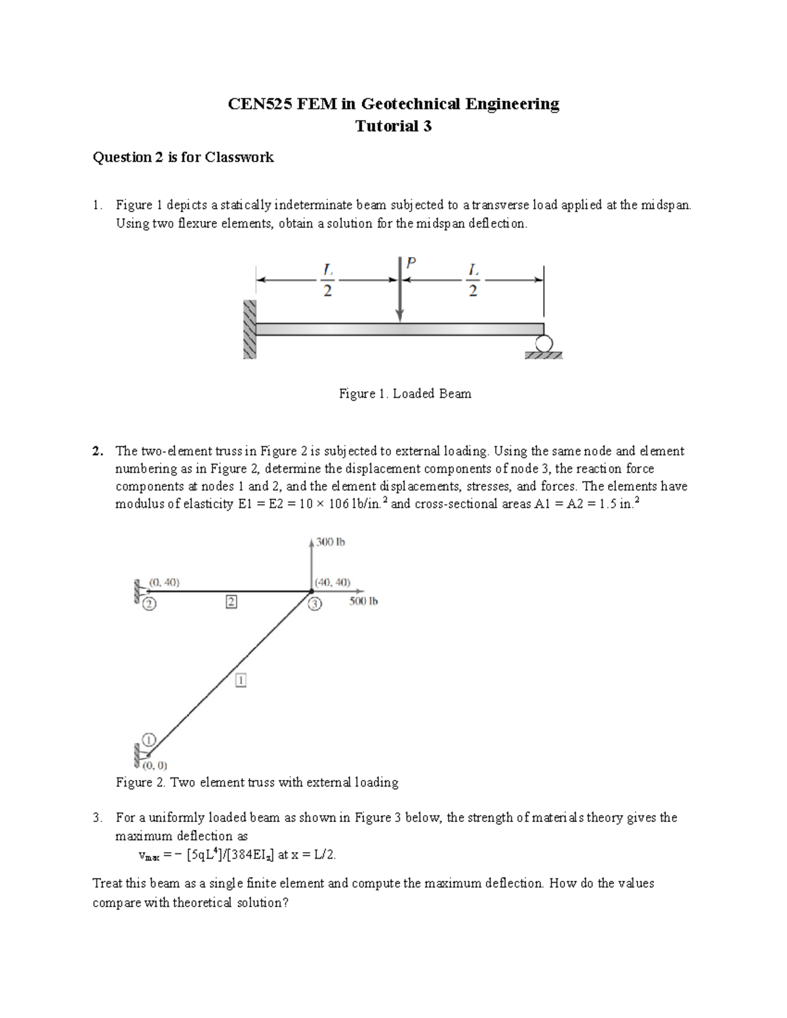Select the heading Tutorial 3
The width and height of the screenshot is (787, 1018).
(x=393, y=127)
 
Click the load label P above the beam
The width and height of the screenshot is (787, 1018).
(x=411, y=264)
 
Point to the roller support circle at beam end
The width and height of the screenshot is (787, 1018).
(x=544, y=343)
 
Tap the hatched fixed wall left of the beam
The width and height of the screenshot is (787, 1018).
(x=249, y=330)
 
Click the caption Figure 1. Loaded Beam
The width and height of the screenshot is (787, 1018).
(x=405, y=394)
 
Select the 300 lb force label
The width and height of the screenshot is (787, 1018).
(x=331, y=542)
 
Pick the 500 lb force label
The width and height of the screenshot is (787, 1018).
(x=363, y=601)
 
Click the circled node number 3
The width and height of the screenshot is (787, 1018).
(x=315, y=604)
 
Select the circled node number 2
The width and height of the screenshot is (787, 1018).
(x=150, y=604)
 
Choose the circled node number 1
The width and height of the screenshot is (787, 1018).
(x=149, y=739)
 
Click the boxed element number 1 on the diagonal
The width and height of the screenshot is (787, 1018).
(x=241, y=681)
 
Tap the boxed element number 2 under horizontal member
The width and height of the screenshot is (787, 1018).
(x=231, y=601)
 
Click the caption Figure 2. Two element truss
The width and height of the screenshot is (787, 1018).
(x=256, y=783)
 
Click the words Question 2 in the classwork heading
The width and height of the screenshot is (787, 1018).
(x=122, y=157)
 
